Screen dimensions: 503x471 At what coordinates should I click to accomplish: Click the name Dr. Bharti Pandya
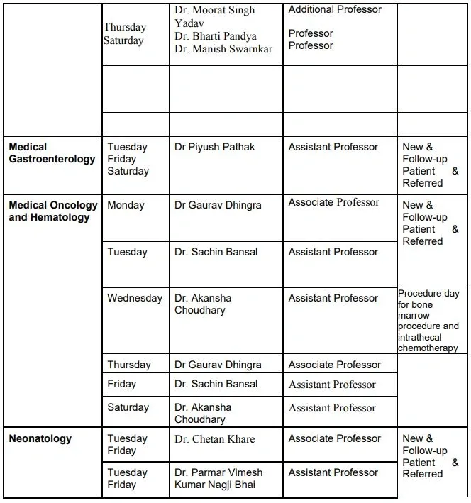(216, 36)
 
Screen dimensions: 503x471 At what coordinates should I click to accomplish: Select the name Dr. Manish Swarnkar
(223, 50)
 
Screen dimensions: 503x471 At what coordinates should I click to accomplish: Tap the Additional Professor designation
(334, 10)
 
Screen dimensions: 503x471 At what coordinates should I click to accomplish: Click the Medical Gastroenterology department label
(52, 153)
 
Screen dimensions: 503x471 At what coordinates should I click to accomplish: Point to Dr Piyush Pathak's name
(214, 148)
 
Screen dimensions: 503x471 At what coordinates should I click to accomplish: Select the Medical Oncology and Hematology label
(53, 211)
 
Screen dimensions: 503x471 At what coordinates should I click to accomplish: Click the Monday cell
(126, 206)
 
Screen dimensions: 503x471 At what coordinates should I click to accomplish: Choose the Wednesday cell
(135, 299)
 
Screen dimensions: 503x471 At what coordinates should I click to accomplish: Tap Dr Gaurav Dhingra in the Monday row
(218, 206)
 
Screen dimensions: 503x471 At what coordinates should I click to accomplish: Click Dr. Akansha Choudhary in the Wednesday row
(203, 304)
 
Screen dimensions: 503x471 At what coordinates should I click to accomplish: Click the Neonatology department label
(40, 439)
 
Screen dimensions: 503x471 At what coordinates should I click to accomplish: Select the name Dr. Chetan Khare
(214, 439)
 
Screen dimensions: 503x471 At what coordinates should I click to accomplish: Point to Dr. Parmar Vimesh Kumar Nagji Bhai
(218, 479)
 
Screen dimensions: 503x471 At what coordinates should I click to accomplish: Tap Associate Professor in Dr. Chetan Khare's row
(334, 439)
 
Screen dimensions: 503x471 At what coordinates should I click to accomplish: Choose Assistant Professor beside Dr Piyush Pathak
(333, 148)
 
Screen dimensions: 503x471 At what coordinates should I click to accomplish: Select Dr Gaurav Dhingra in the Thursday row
(218, 365)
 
